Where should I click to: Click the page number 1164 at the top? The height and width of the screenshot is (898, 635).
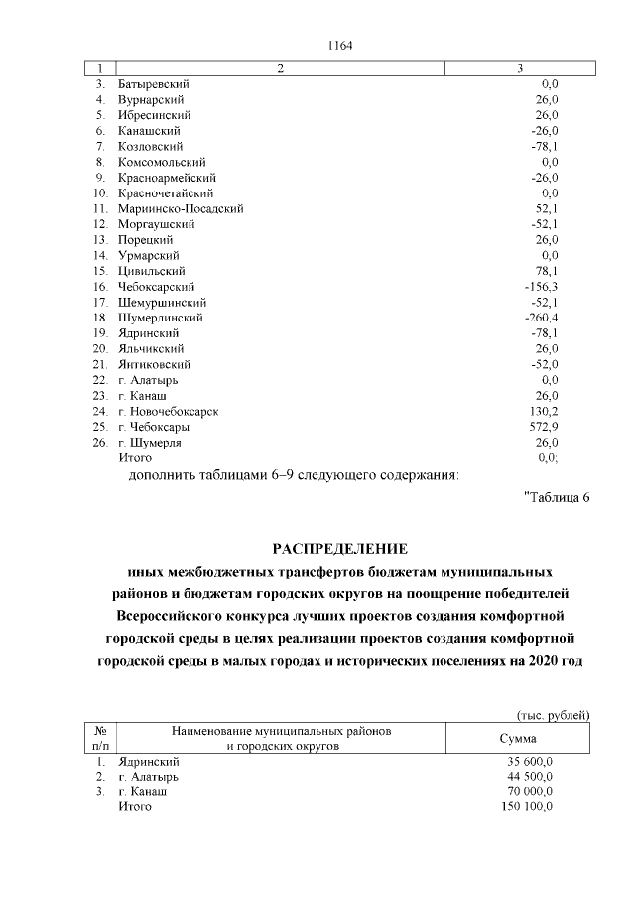(x=339, y=45)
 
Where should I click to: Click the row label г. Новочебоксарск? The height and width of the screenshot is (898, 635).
(x=168, y=411)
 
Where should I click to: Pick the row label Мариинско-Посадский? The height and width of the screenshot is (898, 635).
(x=181, y=208)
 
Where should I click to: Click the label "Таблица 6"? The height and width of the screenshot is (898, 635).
(x=556, y=497)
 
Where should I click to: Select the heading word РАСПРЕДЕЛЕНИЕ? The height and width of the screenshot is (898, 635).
(x=339, y=549)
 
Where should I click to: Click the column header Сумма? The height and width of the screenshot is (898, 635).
(x=518, y=739)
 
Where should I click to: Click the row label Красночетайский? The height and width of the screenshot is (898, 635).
(x=165, y=192)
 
